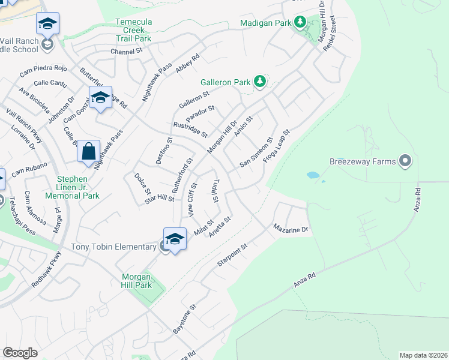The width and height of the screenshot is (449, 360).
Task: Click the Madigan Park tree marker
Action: tap(300, 23)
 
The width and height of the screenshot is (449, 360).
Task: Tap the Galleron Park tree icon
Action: tap(259, 81)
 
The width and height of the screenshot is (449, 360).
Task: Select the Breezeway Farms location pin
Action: tap(405, 161)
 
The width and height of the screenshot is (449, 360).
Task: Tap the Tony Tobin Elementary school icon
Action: tap(174, 239)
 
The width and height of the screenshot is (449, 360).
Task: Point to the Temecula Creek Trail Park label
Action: tap(133, 30)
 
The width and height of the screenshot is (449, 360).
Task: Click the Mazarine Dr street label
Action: tap(291, 229)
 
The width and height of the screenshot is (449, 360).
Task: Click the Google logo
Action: tap(20, 353)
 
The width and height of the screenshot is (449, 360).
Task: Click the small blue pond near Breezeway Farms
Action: tap(313, 176)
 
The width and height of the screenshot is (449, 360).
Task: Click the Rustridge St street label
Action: tap(190, 130)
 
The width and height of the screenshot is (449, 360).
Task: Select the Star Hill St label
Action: tap(159, 198)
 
